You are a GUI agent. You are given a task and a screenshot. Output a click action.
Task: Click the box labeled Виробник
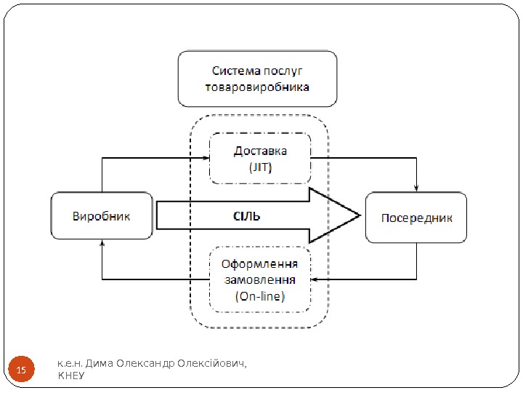[102, 216]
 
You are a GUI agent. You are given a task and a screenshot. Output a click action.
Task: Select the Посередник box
[416, 217]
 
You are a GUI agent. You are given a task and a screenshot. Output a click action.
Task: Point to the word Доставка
[260, 151]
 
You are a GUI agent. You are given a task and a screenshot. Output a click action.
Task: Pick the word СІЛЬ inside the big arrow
[246, 216]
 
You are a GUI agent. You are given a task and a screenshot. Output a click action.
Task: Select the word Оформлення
[260, 264]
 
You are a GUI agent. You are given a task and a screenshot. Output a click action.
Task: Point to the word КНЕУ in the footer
[70, 376]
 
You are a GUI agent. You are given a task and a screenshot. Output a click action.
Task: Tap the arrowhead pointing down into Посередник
[416, 188]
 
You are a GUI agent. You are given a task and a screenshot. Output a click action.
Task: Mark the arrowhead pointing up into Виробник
[102, 245]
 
